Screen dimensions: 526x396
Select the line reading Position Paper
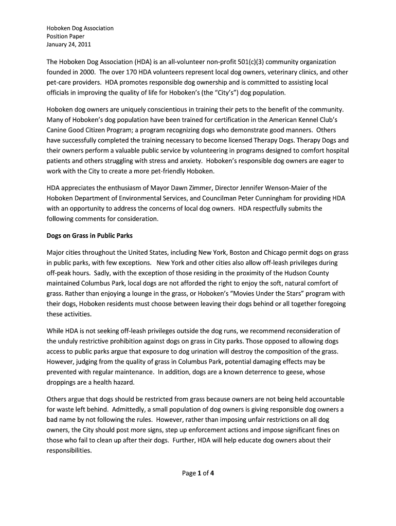(65, 36)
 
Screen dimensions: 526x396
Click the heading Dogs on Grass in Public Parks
(89, 236)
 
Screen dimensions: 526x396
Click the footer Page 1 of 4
(198, 474)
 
